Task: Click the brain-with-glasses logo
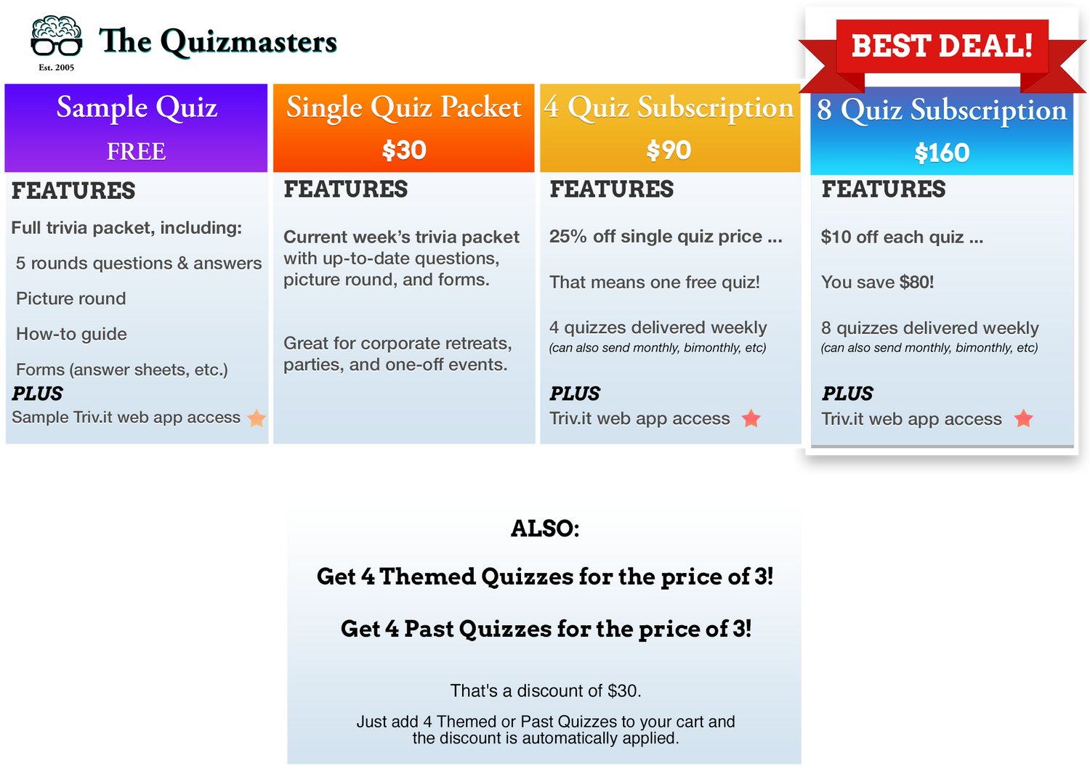coord(57,36)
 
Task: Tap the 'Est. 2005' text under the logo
coord(57,68)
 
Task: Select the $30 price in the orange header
coord(404,150)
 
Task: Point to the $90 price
coord(669,150)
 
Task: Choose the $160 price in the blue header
coord(942,152)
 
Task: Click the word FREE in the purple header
coord(137,151)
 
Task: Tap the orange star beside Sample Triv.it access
coord(257,418)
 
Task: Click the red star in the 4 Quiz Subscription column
coord(751,418)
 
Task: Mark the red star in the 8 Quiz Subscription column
coord(1023,418)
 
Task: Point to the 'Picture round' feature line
coord(71,298)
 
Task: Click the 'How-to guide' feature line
coord(71,334)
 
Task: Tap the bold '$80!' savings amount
coord(916,282)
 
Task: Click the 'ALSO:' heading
coord(545,529)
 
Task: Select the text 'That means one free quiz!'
coord(655,282)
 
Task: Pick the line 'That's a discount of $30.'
coord(546,691)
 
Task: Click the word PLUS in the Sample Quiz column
coord(38,394)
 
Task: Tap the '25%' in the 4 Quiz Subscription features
coord(568,237)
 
